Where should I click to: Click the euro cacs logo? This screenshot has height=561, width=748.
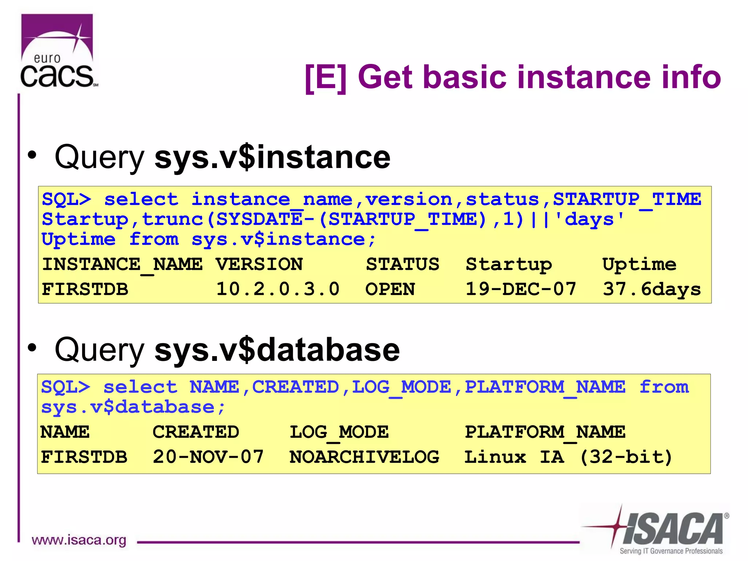tap(58, 51)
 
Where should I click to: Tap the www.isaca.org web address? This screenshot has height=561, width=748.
tap(79, 540)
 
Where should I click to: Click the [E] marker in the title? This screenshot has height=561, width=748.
tap(325, 77)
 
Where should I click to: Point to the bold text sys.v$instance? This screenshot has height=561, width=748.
tap(272, 157)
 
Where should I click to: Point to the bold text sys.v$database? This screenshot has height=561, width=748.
tap(277, 350)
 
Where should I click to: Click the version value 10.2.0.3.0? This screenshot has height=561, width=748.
tap(278, 289)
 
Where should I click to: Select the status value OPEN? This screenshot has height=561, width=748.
tap(390, 289)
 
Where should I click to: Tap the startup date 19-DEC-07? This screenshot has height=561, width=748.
tap(520, 289)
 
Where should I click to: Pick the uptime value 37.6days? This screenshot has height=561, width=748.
tap(652, 289)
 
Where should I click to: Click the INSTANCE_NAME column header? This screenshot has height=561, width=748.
tap(122, 264)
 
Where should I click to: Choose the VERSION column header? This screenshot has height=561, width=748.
tap(259, 264)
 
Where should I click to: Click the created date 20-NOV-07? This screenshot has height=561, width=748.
tap(208, 457)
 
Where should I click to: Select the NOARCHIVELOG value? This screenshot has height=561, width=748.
tap(364, 457)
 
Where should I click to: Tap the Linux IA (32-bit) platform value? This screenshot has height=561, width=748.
tap(568, 457)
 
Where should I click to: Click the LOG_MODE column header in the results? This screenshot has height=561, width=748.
tap(339, 432)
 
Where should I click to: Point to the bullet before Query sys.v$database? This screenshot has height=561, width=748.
tap(32, 348)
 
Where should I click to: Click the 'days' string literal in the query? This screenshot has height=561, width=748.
tap(589, 219)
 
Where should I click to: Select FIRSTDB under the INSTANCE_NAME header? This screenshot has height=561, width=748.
tap(85, 289)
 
